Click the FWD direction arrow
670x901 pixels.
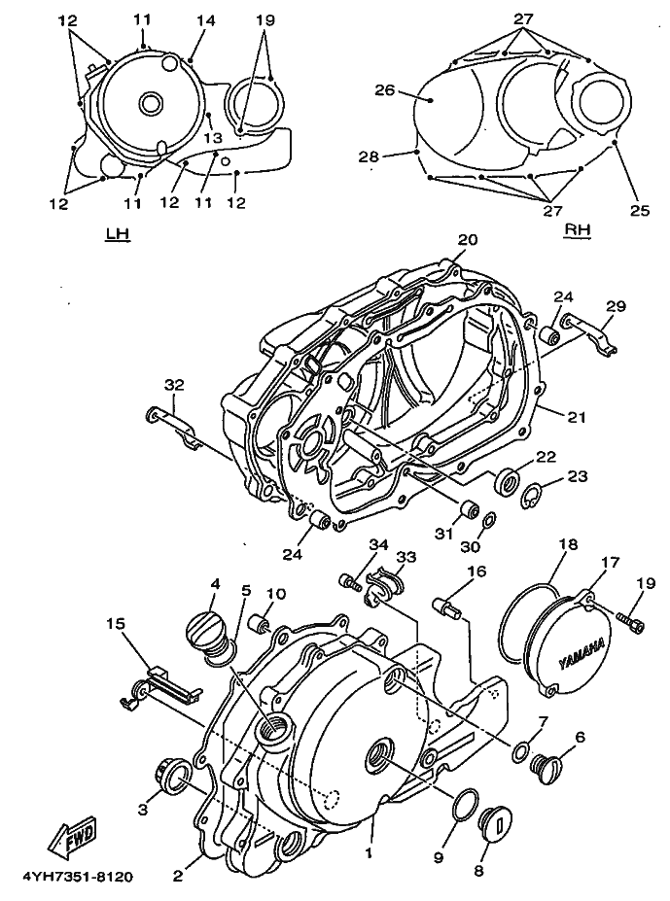[x=73, y=834]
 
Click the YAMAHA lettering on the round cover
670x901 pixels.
[x=582, y=655]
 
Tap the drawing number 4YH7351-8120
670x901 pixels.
[x=78, y=878]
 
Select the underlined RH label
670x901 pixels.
[x=579, y=228]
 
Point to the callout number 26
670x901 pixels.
[x=386, y=90]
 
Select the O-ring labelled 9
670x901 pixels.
[x=465, y=805]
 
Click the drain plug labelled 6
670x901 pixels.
[x=544, y=764]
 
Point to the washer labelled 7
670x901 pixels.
[x=521, y=751]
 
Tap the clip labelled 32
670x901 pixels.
[x=171, y=427]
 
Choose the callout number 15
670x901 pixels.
[x=118, y=624]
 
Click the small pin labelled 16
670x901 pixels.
[x=447, y=607]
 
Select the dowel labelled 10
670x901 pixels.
[x=260, y=623]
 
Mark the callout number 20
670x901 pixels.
[x=468, y=240]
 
